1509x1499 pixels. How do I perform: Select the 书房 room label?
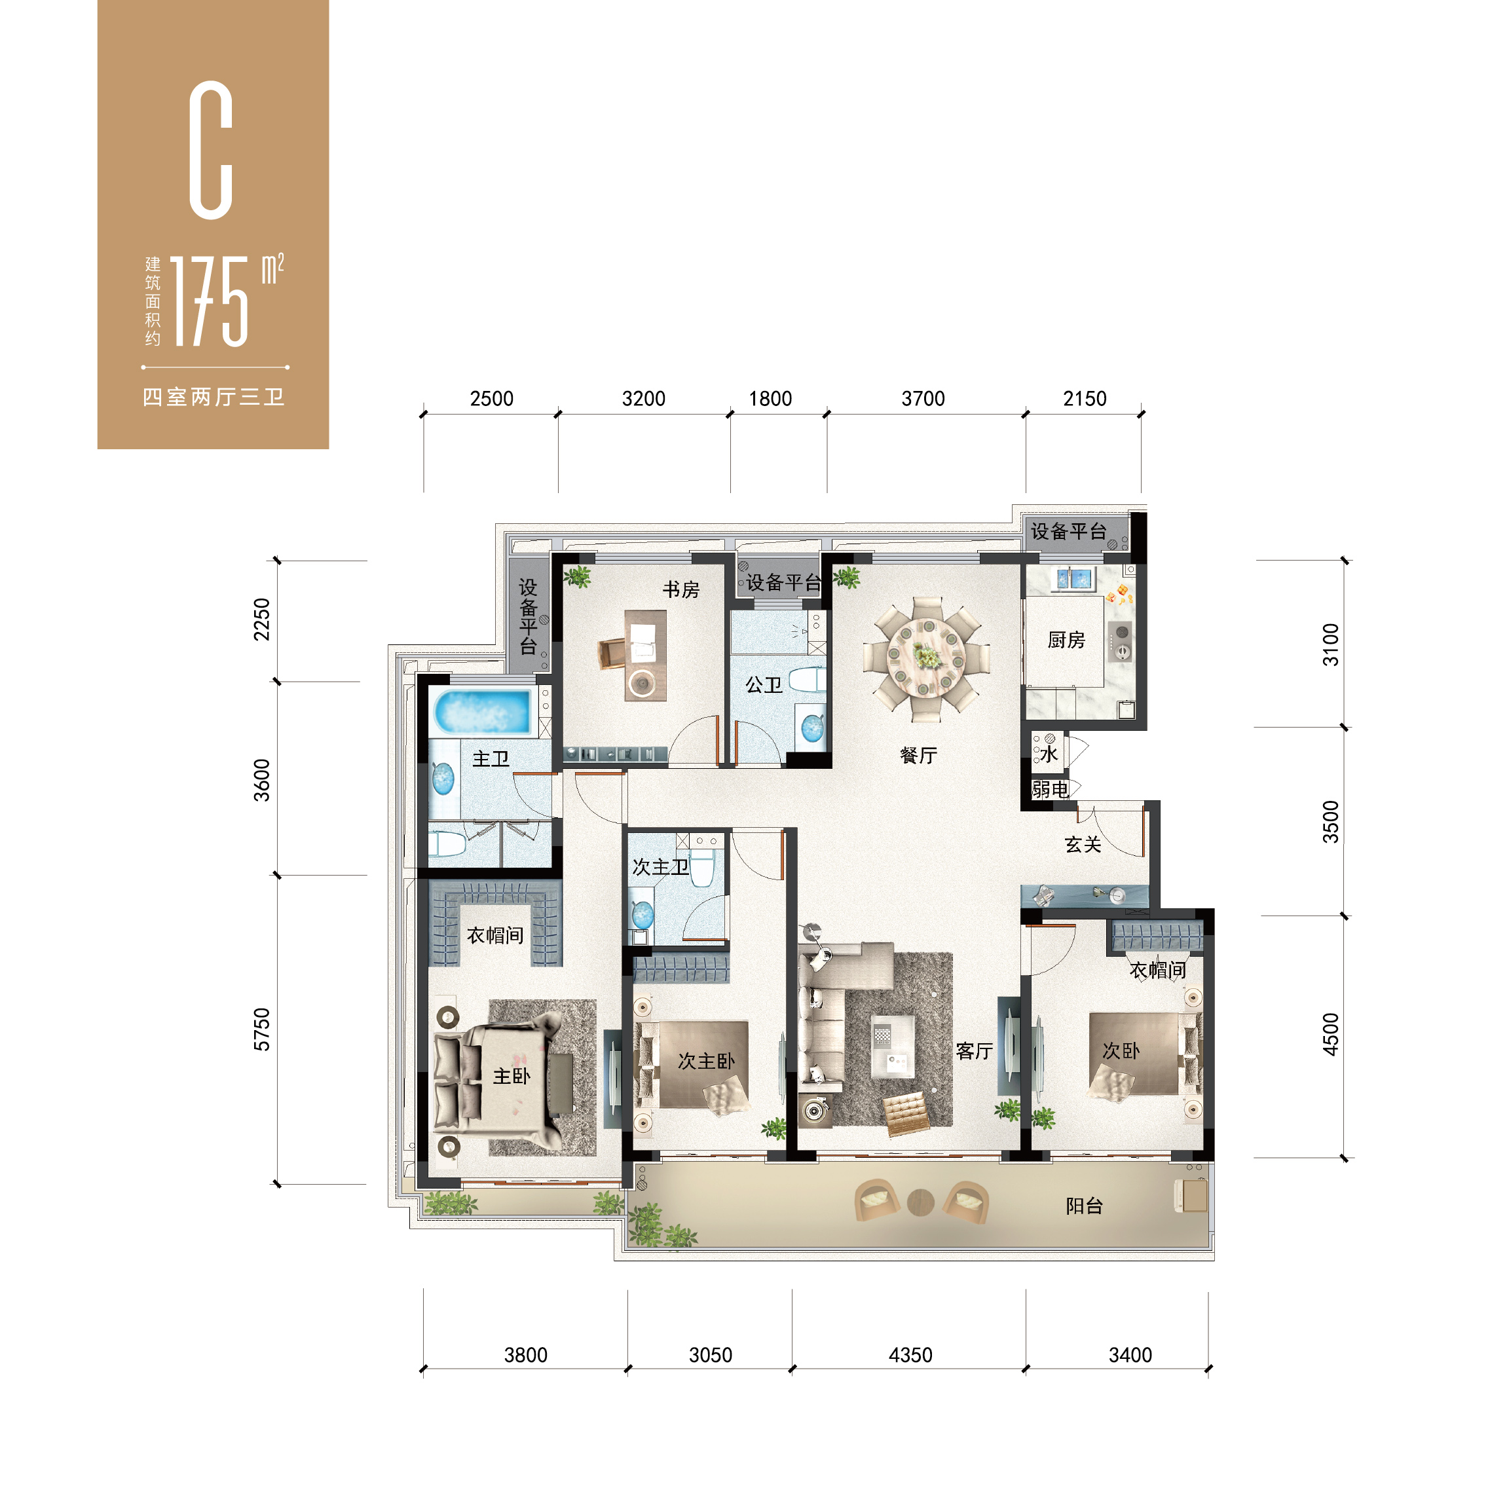pos(681,590)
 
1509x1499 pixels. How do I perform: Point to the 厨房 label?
pos(1066,640)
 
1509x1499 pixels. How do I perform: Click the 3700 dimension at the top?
pos(923,399)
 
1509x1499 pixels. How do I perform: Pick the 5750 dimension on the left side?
pos(262,1029)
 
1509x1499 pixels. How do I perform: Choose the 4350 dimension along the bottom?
pos(911,1356)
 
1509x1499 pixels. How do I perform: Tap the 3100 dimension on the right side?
pos(1331,644)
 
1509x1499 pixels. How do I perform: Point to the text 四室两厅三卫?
pos(214,397)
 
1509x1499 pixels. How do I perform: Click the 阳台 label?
pos(1084,1206)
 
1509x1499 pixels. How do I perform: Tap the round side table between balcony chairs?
pos(921,1202)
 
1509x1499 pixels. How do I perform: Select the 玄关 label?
pos(1083,844)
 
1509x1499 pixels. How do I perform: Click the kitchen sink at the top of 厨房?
pos(1075,579)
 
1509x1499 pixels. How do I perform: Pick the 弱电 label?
pos(1050,790)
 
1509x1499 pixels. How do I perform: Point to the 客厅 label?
pos(974,1052)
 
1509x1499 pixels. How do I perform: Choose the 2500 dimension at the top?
pos(492,399)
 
